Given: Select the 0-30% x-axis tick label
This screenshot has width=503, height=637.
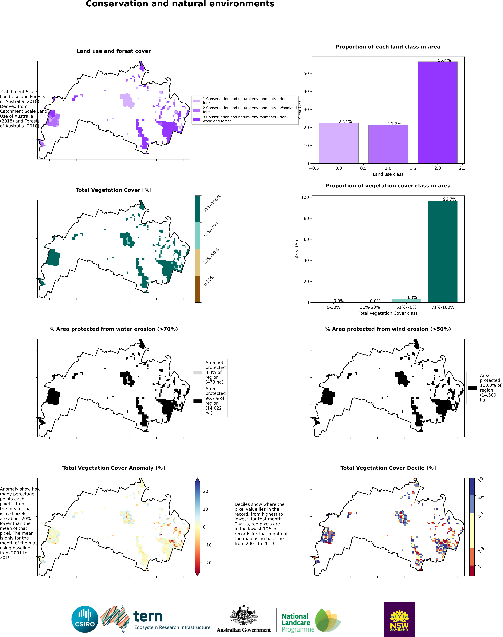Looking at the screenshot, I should [333, 307].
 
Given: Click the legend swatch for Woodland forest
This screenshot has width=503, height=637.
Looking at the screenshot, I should [196, 110].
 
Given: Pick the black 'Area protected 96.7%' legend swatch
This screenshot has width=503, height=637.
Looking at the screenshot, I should [198, 401].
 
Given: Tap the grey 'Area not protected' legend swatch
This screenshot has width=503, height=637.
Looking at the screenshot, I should [198, 373].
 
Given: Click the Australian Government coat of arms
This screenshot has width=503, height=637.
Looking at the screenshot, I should [244, 615].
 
